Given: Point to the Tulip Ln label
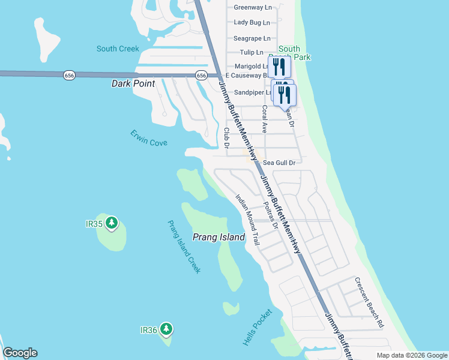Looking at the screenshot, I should click(x=252, y=53).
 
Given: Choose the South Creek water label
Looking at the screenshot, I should click(x=118, y=49).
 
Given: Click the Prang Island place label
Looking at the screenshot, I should click(x=218, y=237).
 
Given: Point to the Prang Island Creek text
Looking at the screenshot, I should click(x=184, y=247).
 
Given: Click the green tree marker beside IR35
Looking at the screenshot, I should click(x=111, y=223).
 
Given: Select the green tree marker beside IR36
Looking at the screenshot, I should click(x=166, y=329).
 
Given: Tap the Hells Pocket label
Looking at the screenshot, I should click(x=258, y=327).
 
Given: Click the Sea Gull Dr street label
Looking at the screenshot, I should click(x=280, y=163).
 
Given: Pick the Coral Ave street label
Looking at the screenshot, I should click(x=264, y=119).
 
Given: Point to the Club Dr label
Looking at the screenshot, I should click(x=227, y=137).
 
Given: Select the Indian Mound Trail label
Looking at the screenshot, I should click(x=247, y=220).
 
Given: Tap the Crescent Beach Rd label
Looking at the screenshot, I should click(x=369, y=302).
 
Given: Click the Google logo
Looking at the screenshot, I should click(x=20, y=353).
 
